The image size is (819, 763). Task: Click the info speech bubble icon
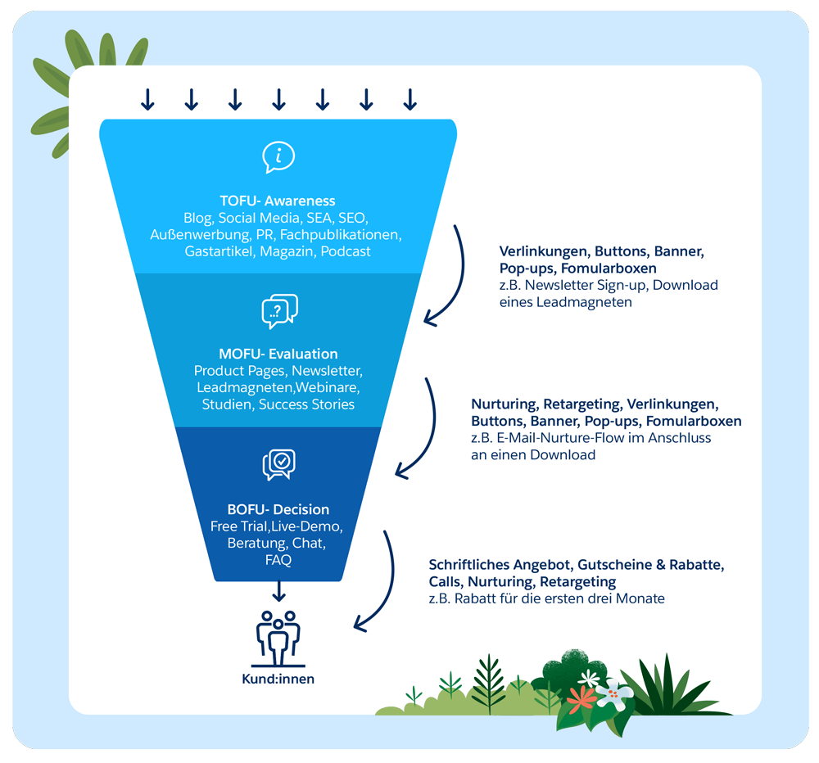pos(278,156)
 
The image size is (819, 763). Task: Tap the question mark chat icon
pos(278,311)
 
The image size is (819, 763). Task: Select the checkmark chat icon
pos(278,464)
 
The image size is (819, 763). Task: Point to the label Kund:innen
pos(278,679)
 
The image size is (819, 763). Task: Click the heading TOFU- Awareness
pos(278,201)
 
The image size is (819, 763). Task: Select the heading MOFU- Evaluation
pos(278,354)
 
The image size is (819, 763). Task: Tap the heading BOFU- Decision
pos(278,509)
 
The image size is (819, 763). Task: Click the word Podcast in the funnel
pos(346,251)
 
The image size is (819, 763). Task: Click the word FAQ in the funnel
pos(278,560)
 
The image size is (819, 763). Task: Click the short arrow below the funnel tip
pos(278,589)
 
